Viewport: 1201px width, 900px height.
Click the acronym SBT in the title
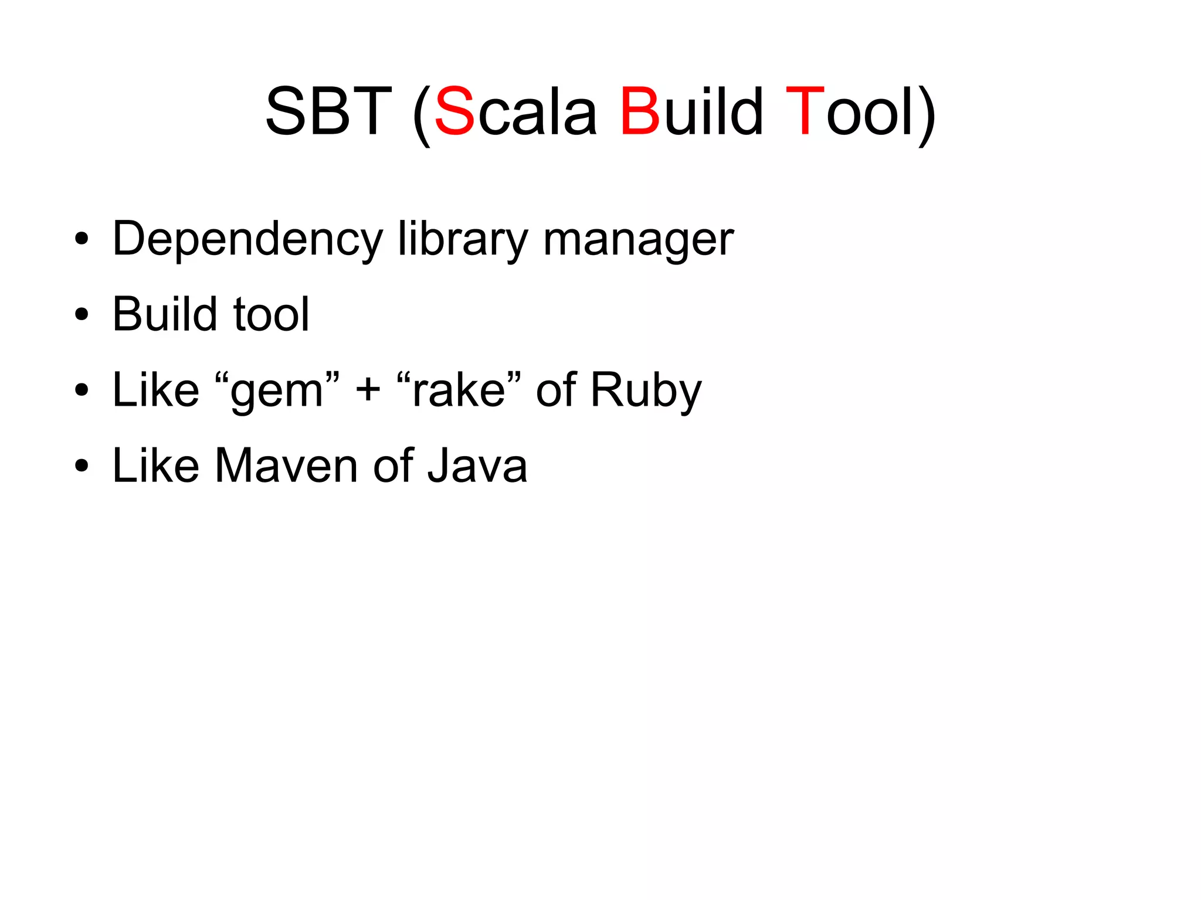(x=328, y=111)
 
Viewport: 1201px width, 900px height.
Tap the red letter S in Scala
(x=454, y=111)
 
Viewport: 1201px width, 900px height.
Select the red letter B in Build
(x=640, y=111)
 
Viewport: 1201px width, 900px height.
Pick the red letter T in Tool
(x=805, y=111)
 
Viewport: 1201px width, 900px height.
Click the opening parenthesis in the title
(x=422, y=114)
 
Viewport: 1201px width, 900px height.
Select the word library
(x=463, y=239)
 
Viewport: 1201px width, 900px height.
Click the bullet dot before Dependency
(x=82, y=239)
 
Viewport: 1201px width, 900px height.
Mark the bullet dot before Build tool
(x=82, y=315)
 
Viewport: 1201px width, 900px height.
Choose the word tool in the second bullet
(x=271, y=315)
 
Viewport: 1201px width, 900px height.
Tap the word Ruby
(x=646, y=391)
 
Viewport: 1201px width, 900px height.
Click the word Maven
(x=286, y=466)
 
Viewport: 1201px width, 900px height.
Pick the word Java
(x=477, y=466)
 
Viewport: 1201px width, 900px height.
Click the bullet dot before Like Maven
(x=82, y=466)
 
